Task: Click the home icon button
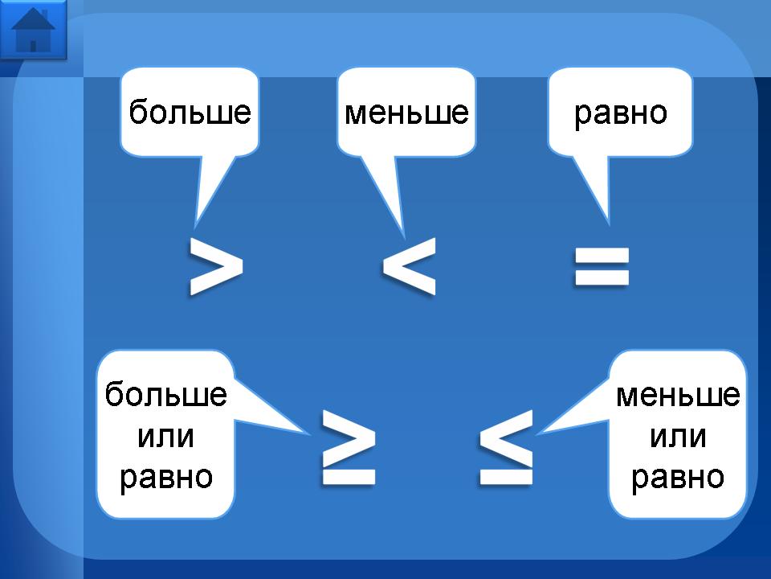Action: [x=33, y=29]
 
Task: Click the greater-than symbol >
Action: [x=215, y=265]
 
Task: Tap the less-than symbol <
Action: [x=409, y=265]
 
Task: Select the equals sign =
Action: [x=602, y=267]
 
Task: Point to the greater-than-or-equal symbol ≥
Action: [x=348, y=447]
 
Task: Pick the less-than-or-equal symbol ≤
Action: [x=506, y=447]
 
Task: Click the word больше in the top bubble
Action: [x=190, y=113]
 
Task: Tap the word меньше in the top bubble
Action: [x=406, y=113]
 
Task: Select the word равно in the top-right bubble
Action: [x=620, y=113]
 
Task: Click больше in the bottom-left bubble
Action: [x=166, y=395]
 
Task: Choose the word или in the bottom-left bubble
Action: [x=166, y=437]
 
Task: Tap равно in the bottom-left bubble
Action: [x=166, y=477]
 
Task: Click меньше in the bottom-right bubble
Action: [x=678, y=395]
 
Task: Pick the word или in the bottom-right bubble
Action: [x=678, y=437]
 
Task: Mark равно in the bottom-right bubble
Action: [x=678, y=478]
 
